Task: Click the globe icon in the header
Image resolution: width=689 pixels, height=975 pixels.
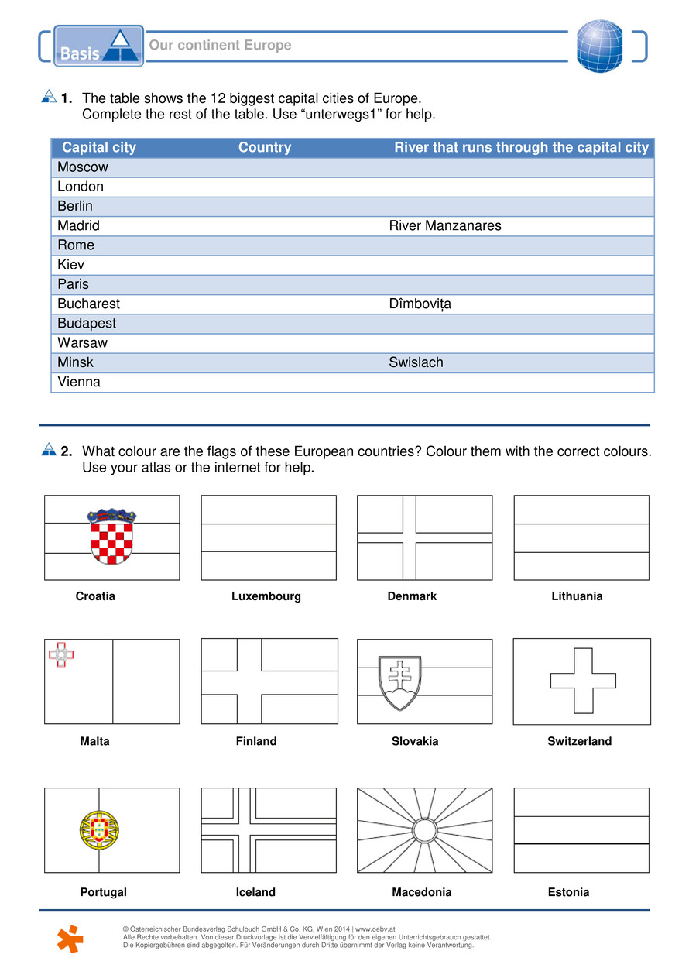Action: [x=599, y=46]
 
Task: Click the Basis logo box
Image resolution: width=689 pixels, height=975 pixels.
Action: [x=98, y=46]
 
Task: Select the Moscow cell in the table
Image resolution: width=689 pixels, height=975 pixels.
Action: [x=83, y=167]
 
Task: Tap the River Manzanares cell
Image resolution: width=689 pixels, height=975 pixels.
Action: [x=444, y=226]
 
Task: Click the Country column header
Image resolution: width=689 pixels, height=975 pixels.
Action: [x=265, y=148]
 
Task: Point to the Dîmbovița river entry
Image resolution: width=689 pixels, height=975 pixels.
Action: [x=420, y=304]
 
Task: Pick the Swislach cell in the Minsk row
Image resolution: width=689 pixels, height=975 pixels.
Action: [x=416, y=362]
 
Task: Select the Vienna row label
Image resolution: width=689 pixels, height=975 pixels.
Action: [x=79, y=382]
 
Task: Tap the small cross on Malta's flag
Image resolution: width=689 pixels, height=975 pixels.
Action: [x=61, y=656]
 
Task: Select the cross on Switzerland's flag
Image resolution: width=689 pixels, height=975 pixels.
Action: [x=583, y=681]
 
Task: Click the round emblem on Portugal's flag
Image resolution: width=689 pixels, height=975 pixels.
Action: [x=98, y=830]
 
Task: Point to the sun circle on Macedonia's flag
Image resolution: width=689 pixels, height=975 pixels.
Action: [x=424, y=830]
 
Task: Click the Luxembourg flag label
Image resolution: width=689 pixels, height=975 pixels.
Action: [x=266, y=596]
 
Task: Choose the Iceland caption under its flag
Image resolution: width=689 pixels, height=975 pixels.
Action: [x=255, y=892]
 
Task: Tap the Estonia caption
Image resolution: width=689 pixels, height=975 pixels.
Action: [x=568, y=892]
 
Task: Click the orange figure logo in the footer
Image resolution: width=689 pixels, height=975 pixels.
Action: [x=70, y=938]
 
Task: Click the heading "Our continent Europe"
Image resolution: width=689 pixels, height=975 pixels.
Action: [x=220, y=45]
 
